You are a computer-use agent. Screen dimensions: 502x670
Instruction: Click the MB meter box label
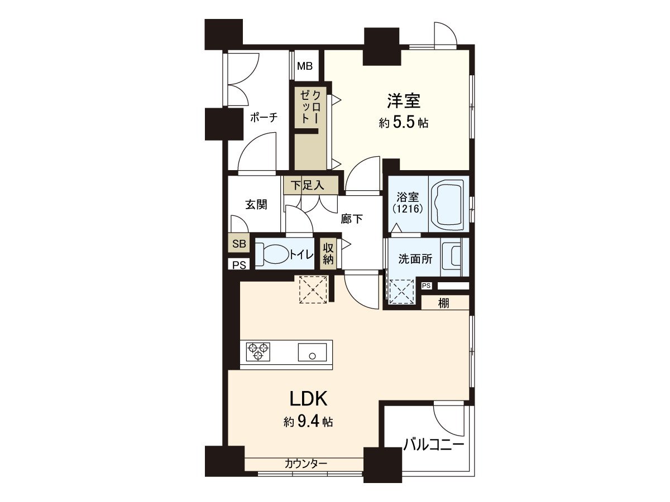click(x=305, y=66)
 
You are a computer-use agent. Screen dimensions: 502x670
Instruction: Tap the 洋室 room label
click(x=404, y=101)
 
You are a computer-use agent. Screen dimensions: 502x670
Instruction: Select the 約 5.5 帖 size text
click(x=404, y=123)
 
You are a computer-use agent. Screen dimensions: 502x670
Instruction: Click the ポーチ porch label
click(x=264, y=118)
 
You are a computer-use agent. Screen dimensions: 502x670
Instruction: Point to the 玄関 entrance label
click(x=256, y=204)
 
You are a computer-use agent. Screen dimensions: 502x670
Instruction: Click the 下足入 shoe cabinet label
click(x=312, y=185)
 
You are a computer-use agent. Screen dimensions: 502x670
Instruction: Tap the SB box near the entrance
click(x=239, y=244)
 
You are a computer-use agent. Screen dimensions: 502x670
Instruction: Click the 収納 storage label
click(x=328, y=254)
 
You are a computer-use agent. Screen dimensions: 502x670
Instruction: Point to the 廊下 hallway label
click(x=352, y=219)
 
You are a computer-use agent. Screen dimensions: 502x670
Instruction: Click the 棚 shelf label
click(x=444, y=303)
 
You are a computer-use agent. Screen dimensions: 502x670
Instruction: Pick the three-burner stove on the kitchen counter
click(x=258, y=351)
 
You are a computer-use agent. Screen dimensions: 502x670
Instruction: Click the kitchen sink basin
click(x=312, y=353)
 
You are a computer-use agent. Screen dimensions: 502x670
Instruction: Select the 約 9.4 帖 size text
click(x=308, y=422)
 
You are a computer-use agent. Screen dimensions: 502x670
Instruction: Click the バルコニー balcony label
click(x=434, y=445)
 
